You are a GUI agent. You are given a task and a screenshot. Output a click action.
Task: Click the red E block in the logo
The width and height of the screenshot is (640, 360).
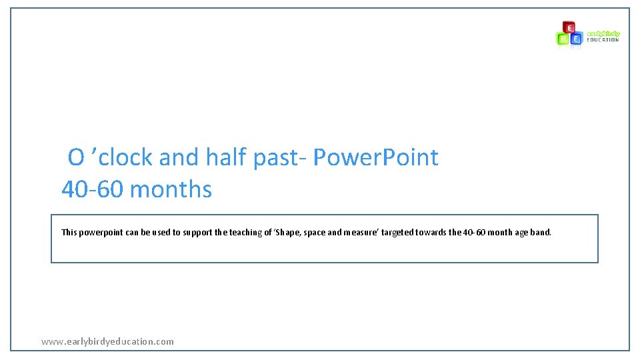pos(569,27)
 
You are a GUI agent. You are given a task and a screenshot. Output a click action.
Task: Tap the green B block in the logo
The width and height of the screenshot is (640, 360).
pos(563,39)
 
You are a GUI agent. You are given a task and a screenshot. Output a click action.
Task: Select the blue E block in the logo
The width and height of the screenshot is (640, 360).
pos(575,39)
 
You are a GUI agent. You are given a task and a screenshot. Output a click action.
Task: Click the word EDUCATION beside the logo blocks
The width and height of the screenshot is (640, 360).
pos(603,40)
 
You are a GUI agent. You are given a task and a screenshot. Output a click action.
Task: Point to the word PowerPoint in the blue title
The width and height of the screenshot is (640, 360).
pos(375,157)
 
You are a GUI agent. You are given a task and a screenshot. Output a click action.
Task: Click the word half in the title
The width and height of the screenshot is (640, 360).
pos(226,157)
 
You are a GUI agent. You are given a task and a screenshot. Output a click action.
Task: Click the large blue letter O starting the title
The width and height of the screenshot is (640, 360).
pos(76,157)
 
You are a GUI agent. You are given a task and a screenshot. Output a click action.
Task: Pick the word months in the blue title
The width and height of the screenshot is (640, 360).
pos(171,189)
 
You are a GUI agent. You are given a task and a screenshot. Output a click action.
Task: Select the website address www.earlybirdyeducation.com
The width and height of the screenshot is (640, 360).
pos(107,341)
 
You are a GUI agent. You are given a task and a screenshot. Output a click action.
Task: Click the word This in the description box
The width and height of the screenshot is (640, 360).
pos(69,232)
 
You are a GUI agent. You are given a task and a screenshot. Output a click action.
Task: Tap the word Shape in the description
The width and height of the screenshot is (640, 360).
pos(289,233)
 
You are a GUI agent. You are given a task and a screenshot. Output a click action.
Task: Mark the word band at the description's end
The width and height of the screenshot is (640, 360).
pos(541,232)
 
